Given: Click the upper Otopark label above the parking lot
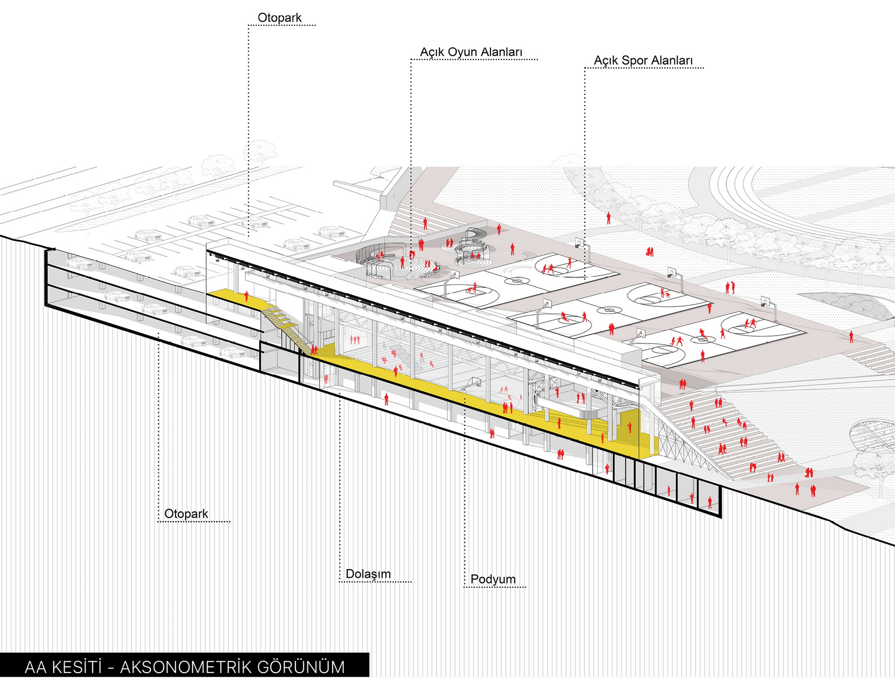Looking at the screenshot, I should (279, 18).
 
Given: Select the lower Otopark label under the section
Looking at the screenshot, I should (186, 513).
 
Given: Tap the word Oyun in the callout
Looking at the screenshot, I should (463, 52).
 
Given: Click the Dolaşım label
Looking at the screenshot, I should (368, 574).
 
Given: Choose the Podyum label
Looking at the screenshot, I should (493, 579).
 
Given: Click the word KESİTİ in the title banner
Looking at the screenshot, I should (77, 667).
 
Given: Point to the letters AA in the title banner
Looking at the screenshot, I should (36, 667).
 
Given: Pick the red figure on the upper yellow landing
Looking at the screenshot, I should (246, 296).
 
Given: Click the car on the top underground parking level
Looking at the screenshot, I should (81, 263).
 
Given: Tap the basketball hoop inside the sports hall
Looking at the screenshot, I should (473, 381).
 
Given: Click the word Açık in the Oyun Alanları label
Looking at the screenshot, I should (432, 52).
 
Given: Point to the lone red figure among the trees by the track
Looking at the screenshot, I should (608, 218).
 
